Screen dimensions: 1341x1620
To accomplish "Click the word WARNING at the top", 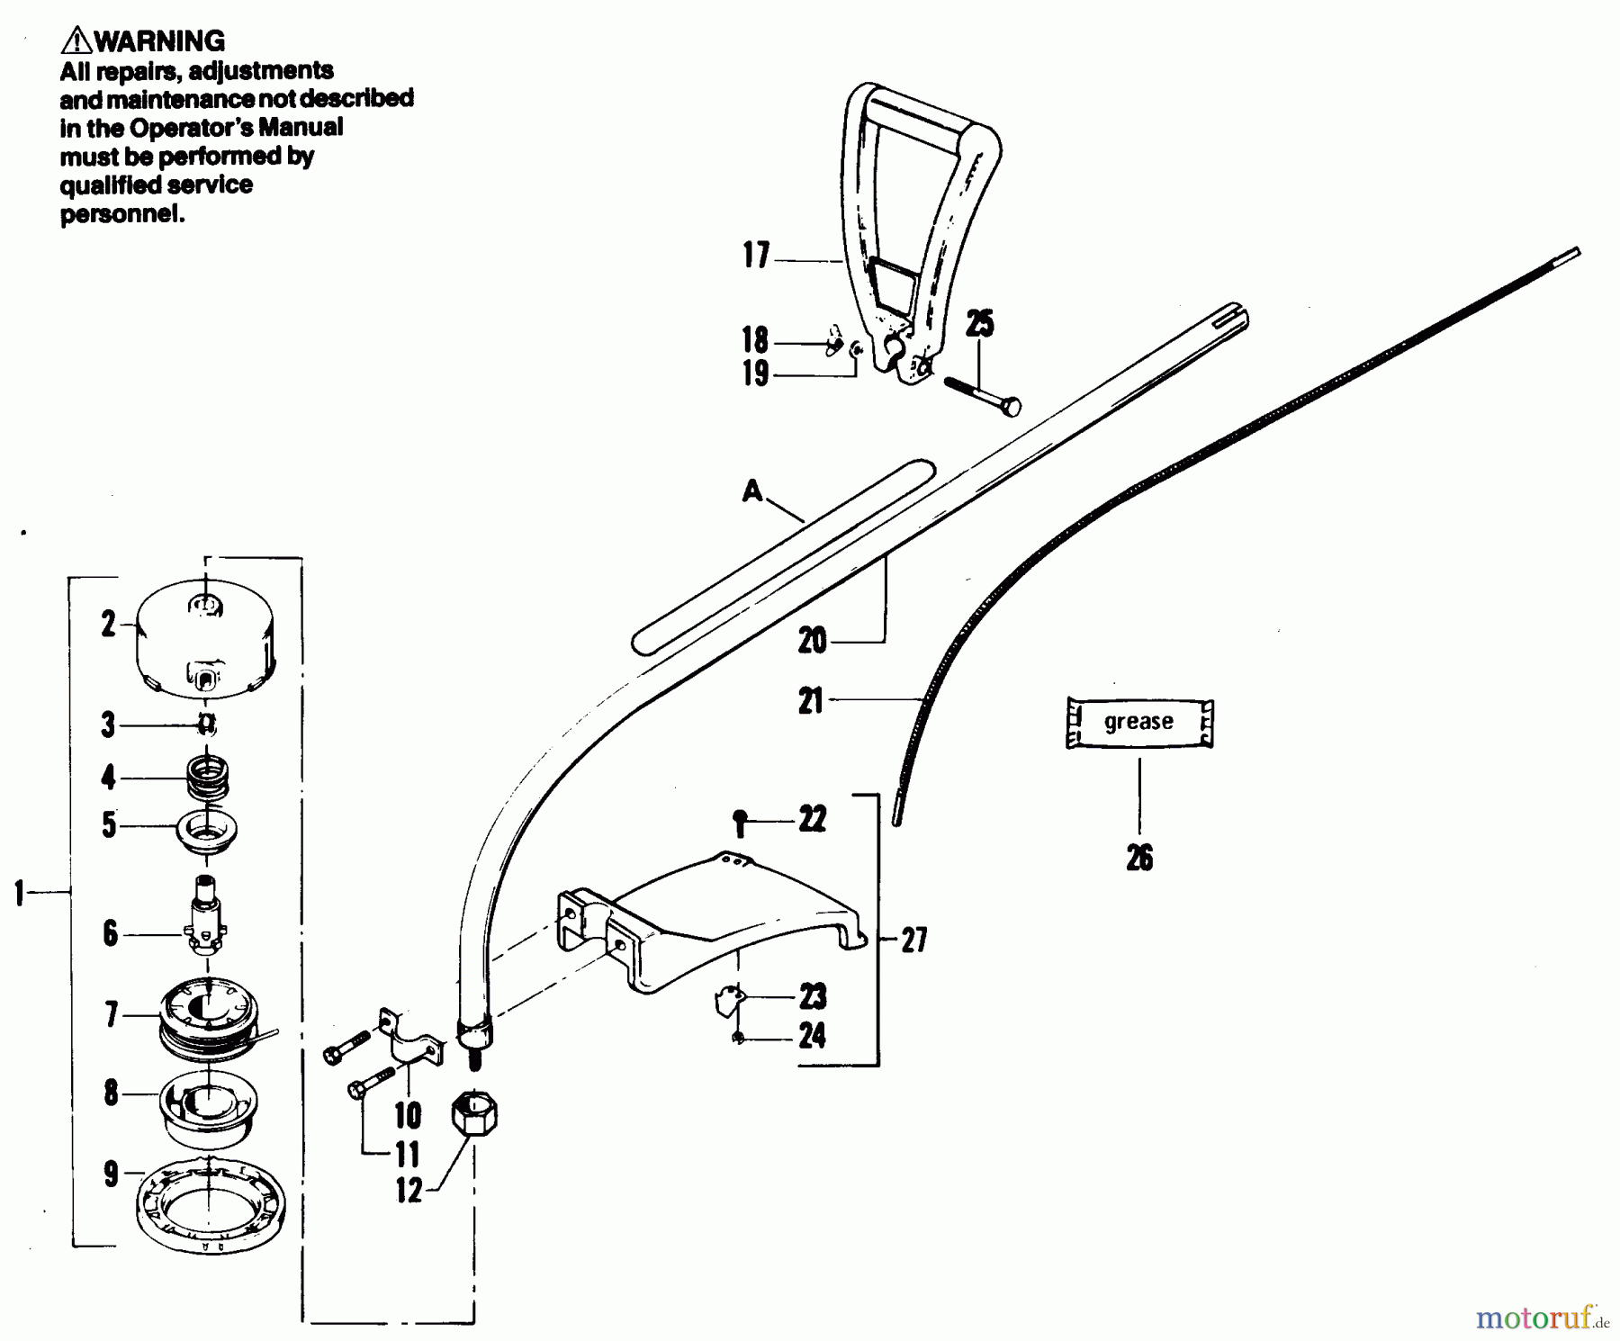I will (x=158, y=41).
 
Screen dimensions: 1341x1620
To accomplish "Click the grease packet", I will (x=1139, y=723).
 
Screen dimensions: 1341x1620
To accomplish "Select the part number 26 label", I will (x=1139, y=859).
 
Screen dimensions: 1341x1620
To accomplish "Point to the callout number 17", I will (x=756, y=256).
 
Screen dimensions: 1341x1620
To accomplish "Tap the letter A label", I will (x=751, y=491).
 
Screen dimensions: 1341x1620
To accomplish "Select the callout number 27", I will (x=914, y=940).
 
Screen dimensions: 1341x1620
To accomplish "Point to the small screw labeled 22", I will (x=739, y=823).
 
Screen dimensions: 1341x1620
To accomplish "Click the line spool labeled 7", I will (x=209, y=1016).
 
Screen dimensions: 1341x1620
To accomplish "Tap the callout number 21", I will (x=811, y=700).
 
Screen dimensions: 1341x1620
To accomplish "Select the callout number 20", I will (x=812, y=641).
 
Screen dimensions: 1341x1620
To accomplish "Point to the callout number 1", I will (x=18, y=893).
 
